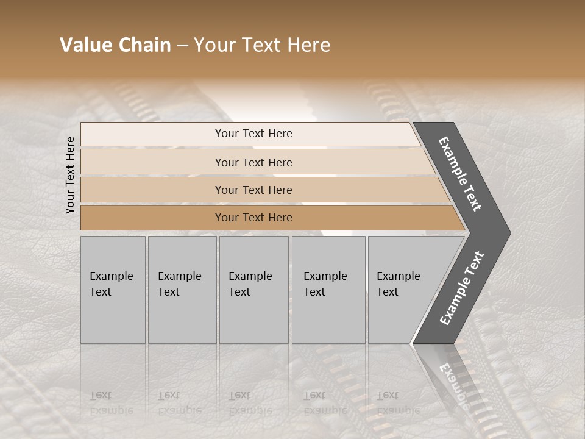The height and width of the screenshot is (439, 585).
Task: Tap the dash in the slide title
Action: tap(182, 46)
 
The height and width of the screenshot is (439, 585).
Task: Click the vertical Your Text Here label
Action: tap(70, 175)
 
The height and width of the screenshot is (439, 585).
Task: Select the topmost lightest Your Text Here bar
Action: tap(253, 134)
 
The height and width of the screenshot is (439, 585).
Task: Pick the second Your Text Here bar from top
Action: tap(253, 162)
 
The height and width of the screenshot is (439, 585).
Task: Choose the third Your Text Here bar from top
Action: tap(253, 190)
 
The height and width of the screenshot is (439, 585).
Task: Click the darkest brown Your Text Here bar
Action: tap(253, 218)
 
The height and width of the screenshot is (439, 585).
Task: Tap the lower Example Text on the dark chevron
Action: tap(462, 288)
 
